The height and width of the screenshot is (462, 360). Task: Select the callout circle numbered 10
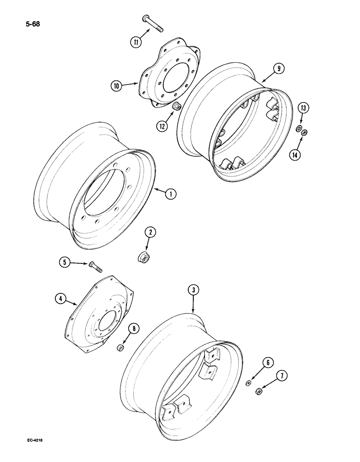[117, 85]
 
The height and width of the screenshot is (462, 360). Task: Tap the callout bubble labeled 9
[278, 69]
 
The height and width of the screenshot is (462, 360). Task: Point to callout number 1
[170, 195]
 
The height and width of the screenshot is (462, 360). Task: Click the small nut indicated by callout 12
[176, 107]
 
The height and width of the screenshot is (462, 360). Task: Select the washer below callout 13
[299, 128]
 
